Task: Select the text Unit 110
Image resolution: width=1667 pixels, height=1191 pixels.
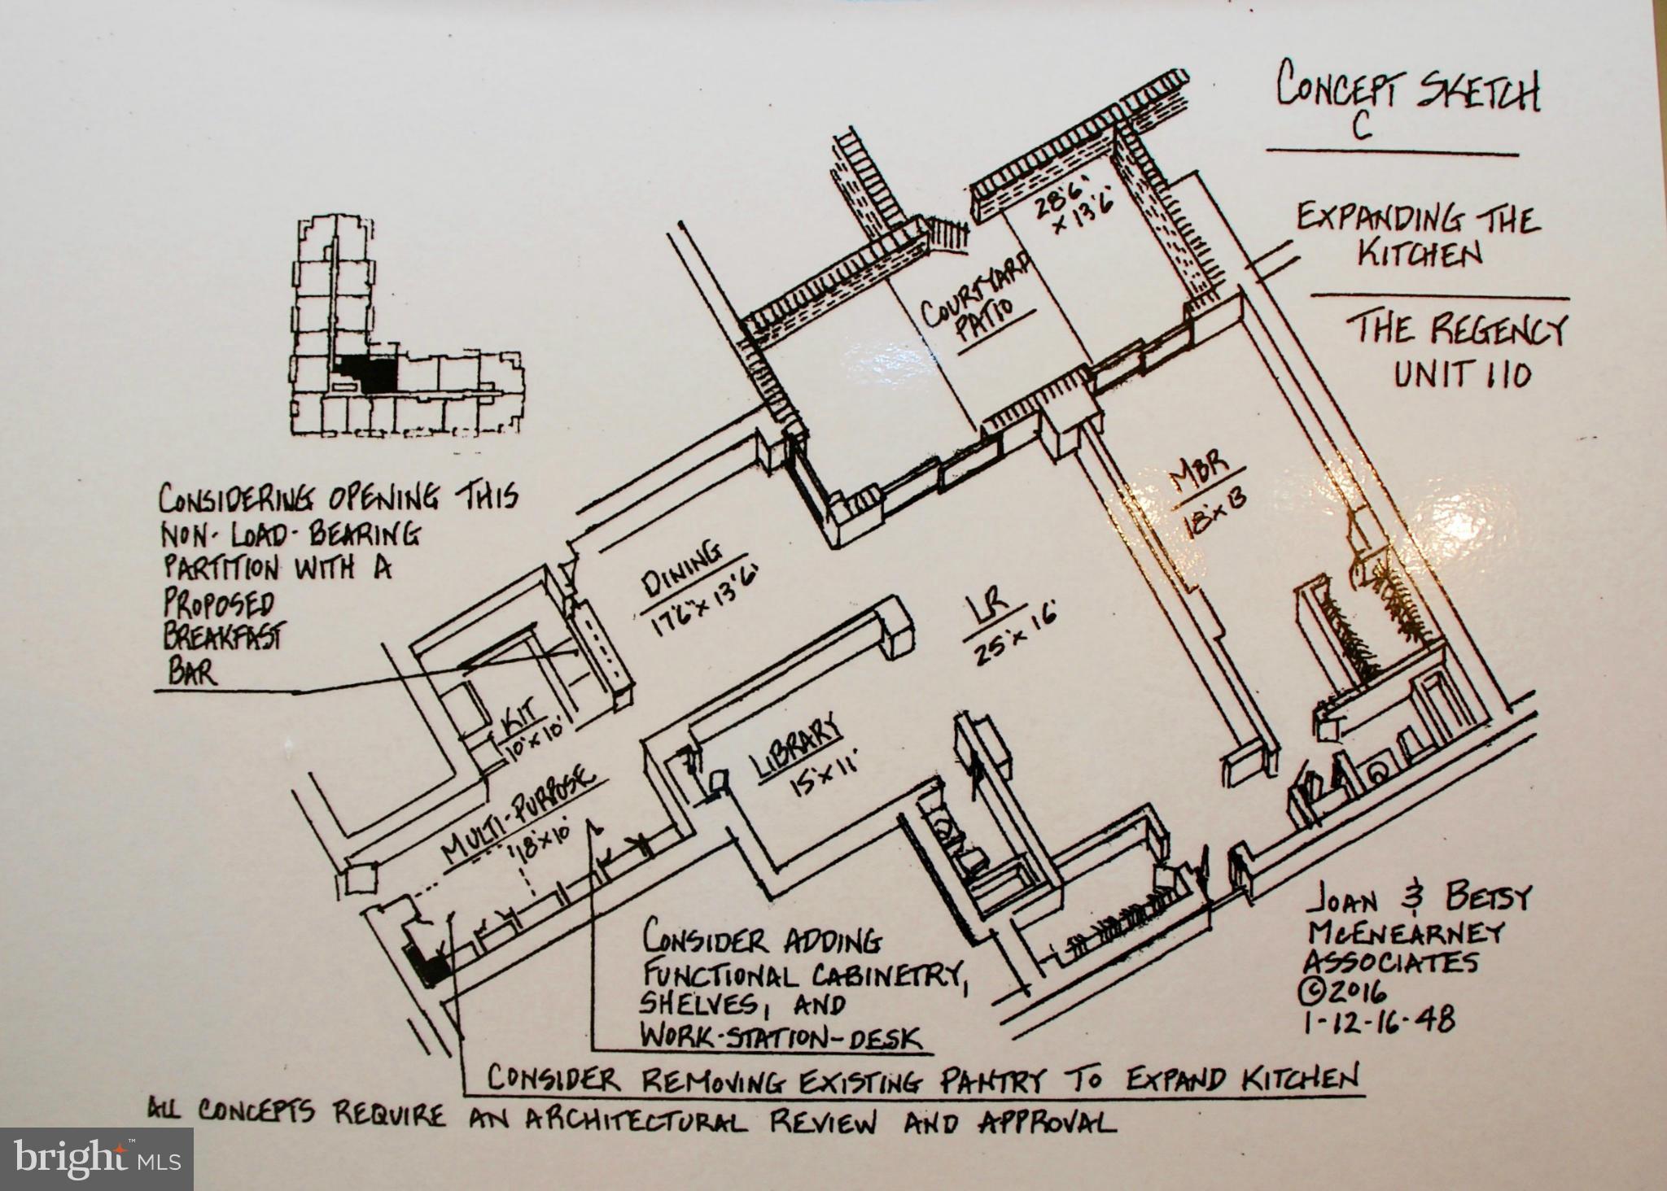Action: [x=1463, y=375]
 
